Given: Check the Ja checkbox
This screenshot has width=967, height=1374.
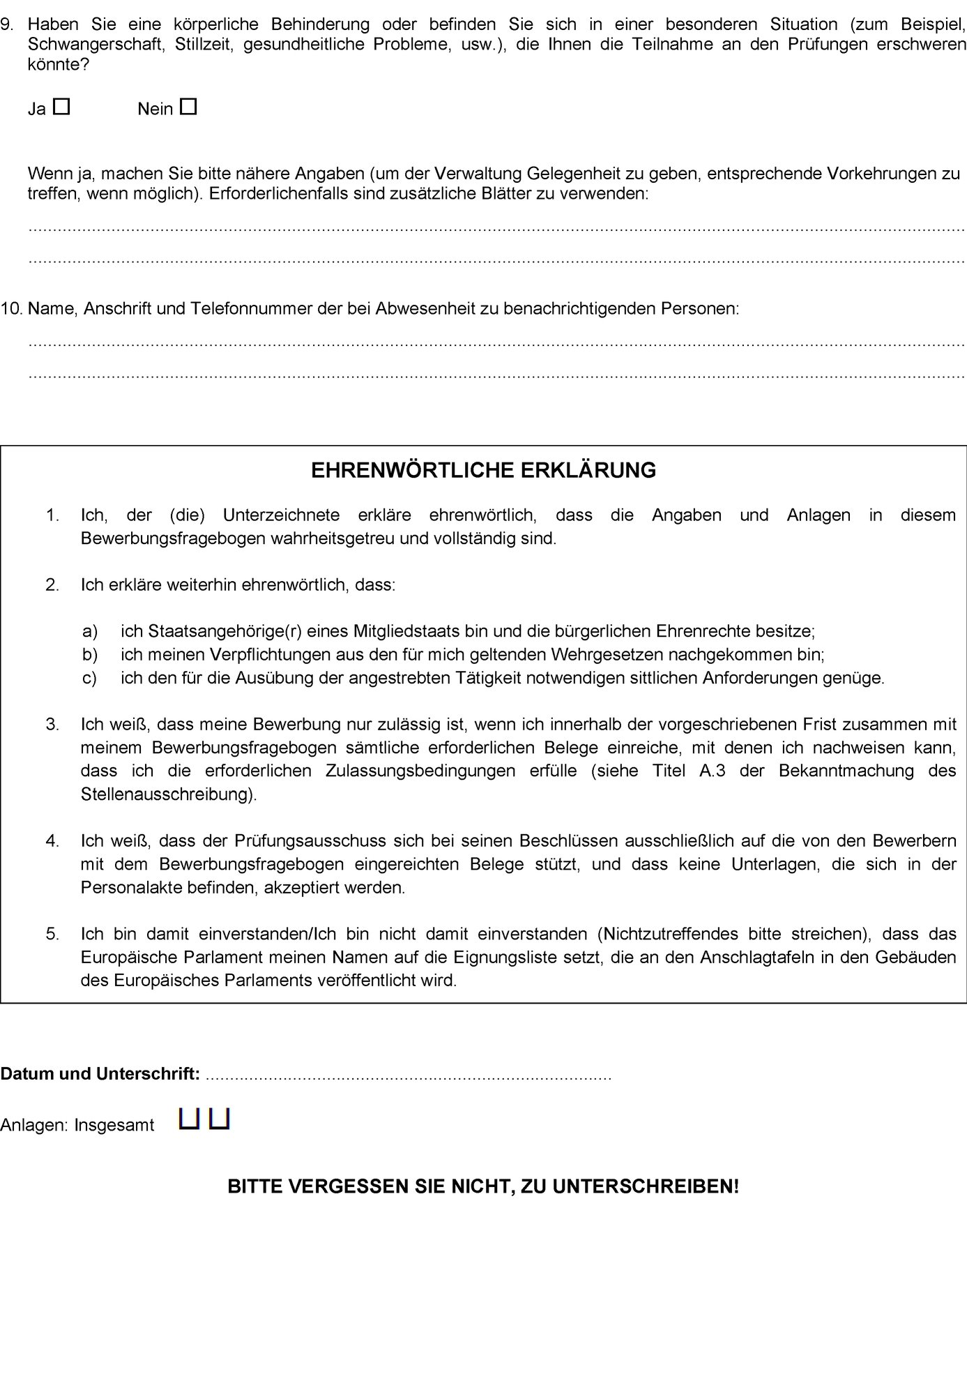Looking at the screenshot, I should pos(62,107).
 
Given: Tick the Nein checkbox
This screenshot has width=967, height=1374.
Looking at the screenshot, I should pos(188,107).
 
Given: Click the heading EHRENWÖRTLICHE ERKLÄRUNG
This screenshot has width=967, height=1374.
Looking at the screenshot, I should pos(483,470).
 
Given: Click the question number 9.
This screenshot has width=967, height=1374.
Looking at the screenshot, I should pos(8,24).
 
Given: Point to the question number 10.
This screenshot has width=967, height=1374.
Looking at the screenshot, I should pos(11,308).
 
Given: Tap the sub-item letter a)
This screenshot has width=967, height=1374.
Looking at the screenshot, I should pos(90,631).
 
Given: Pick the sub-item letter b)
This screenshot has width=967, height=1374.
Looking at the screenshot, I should pos(90,654).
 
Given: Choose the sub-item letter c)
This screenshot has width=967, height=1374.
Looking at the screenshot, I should pos(90,677).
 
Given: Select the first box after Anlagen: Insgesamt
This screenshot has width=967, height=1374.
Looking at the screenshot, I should pos(189,1119).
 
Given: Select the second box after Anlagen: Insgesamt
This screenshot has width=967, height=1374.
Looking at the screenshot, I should pos(220,1119).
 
